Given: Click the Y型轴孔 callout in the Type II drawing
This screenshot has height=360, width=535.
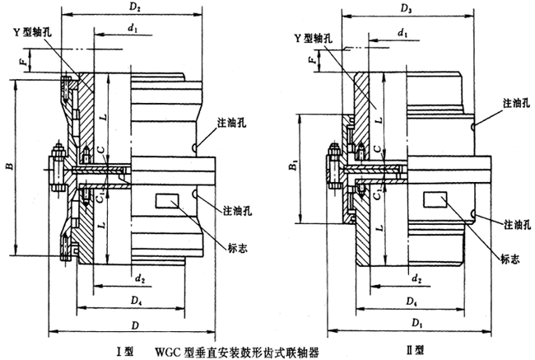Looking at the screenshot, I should [x=313, y=37].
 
